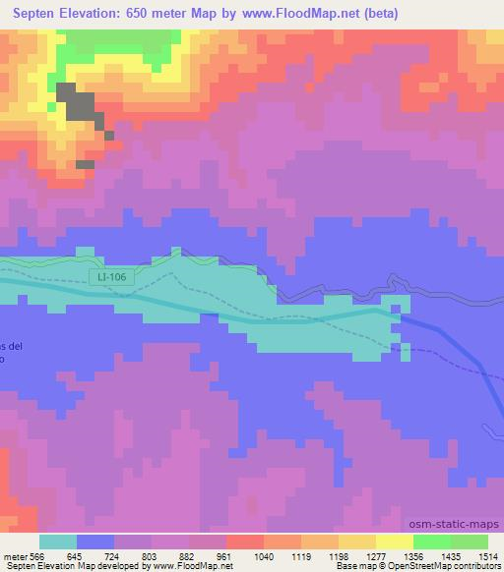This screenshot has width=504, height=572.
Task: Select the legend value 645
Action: click(87, 555)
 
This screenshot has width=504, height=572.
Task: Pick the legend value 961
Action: click(236, 555)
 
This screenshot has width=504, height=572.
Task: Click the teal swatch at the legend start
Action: click(58, 542)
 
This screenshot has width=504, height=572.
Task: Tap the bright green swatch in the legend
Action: click(432, 542)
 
